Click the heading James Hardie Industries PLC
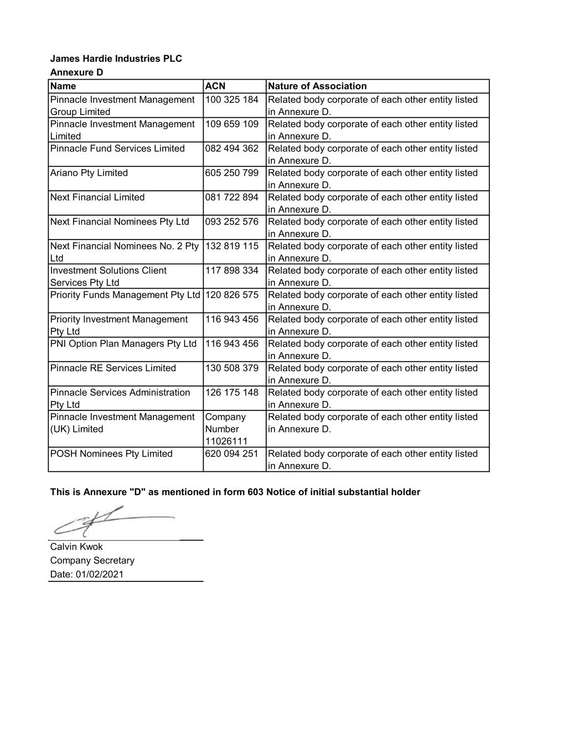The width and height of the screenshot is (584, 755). [116, 59]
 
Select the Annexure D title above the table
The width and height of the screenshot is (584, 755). [76, 72]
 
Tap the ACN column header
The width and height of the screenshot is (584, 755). [215, 86]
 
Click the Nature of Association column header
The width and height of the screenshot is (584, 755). [317, 86]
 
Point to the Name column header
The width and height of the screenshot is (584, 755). [63, 86]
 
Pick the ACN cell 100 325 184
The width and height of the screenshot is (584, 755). [232, 100]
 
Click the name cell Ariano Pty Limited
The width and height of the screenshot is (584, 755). [89, 173]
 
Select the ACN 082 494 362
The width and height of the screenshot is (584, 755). [232, 149]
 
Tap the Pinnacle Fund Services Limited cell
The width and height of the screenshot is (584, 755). [117, 149]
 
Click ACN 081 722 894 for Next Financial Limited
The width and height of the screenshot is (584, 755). [232, 197]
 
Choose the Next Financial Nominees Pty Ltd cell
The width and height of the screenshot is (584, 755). [120, 222]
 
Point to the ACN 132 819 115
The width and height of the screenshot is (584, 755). [232, 246]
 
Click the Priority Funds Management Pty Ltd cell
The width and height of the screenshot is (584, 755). [125, 295]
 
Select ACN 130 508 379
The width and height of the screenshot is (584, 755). [232, 368]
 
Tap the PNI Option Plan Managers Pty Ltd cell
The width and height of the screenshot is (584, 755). [123, 344]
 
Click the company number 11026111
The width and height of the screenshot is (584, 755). [226, 441]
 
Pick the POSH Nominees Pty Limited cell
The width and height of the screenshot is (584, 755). [111, 454]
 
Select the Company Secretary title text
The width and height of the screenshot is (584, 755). [92, 560]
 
